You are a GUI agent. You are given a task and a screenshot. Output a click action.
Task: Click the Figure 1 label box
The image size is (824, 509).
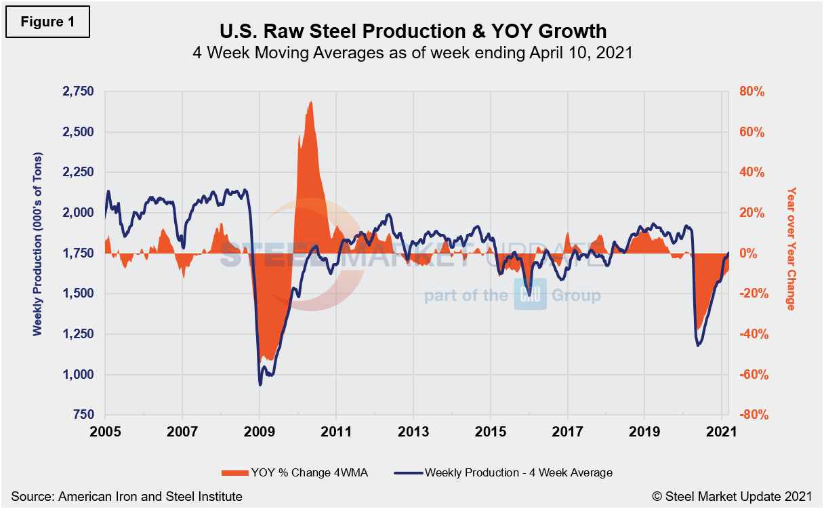click(48, 21)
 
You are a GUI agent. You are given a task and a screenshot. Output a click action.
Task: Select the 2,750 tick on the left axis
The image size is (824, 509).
click(79, 92)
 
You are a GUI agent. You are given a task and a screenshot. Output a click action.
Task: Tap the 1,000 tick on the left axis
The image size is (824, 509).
click(79, 375)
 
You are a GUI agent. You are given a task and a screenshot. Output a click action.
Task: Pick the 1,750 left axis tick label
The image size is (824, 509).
click(79, 253)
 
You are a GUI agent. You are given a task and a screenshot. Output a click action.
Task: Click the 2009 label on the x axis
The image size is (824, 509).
click(260, 432)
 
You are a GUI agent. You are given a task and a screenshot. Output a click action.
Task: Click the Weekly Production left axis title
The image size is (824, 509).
click(38, 253)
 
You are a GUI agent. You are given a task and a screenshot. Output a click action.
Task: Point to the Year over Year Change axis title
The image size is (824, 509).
click(790, 249)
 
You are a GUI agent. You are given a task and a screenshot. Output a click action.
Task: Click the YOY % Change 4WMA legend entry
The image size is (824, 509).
click(294, 472)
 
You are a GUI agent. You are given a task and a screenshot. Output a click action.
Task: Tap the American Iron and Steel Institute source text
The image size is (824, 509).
click(126, 497)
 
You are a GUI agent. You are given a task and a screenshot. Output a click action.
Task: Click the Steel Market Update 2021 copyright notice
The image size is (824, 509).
click(733, 497)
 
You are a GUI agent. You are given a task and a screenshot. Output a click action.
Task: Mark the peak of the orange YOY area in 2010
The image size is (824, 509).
click(310, 102)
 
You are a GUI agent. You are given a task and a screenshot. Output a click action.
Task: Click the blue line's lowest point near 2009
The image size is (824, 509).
click(260, 385)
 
